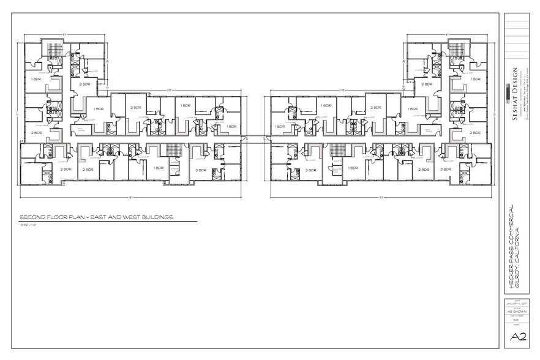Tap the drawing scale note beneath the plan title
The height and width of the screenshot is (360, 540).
(x=29, y=225)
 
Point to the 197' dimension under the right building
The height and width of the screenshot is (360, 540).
(x=381, y=197)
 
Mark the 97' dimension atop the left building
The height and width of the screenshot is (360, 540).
(x=63, y=35)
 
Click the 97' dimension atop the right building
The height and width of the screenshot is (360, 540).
(x=448, y=35)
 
